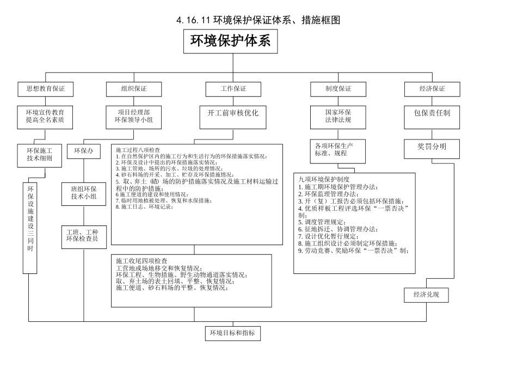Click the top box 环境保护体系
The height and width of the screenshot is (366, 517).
click(233, 41)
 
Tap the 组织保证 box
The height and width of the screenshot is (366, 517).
click(133, 89)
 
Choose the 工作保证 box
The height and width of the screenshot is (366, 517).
click(233, 89)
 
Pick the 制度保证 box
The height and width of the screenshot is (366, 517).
click(338, 89)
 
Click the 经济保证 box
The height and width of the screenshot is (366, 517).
click(432, 89)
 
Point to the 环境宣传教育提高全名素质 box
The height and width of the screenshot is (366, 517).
click(45, 116)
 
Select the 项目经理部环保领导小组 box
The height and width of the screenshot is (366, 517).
click(133, 116)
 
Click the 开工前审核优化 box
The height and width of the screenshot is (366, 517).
click(233, 113)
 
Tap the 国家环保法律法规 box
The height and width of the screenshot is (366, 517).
click(338, 116)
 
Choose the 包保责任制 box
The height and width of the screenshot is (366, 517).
click(432, 113)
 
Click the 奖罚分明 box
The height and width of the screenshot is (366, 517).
click(432, 147)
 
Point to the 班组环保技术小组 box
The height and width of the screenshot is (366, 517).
click(84, 193)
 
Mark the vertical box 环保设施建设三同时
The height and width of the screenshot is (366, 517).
click(30, 224)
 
